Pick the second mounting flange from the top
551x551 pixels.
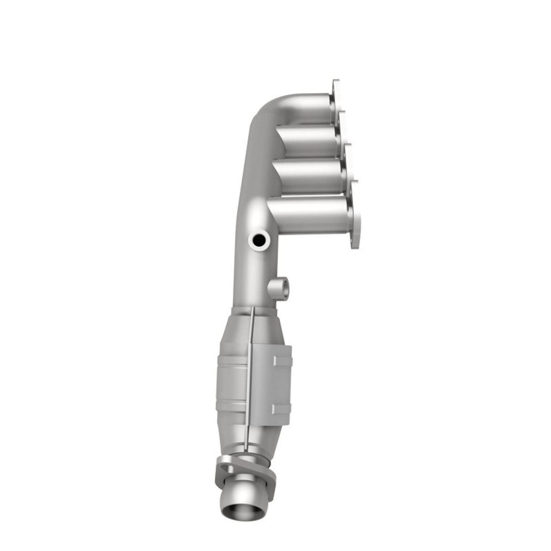[x=343, y=127]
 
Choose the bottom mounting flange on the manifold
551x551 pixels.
[x=355, y=215]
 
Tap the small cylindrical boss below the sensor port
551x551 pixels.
[x=279, y=287]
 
